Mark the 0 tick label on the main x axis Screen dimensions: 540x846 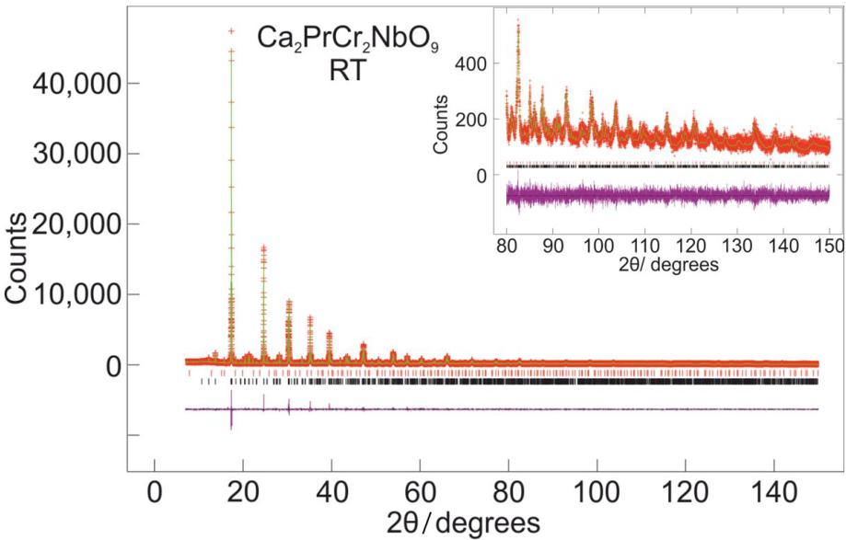click(x=155, y=490)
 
